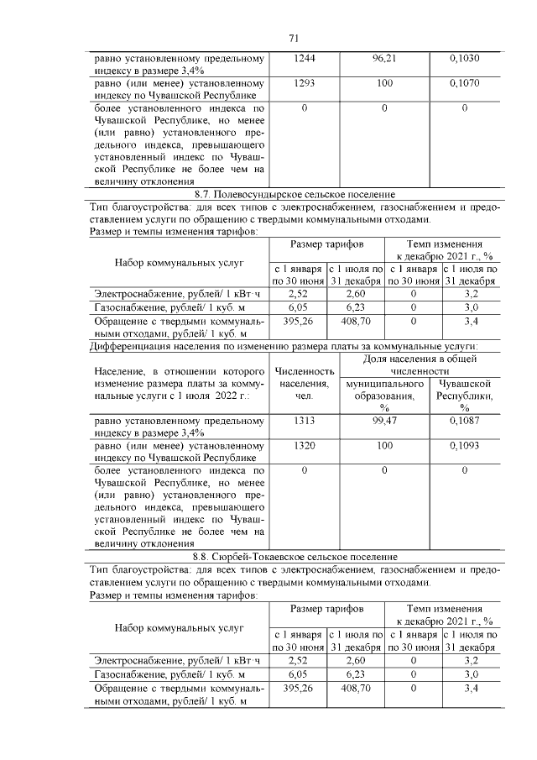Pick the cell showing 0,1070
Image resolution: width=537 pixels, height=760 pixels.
(x=464, y=85)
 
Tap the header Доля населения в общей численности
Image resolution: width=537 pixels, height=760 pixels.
(x=423, y=364)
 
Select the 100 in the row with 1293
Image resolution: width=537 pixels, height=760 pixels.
(x=383, y=85)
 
